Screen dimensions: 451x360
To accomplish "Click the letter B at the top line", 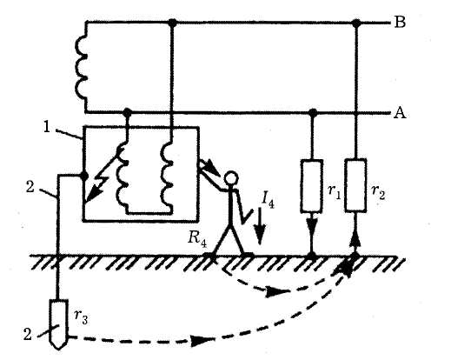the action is (400, 22).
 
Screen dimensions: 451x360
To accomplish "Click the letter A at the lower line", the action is (400, 112).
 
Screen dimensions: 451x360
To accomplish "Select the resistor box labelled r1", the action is (312, 185).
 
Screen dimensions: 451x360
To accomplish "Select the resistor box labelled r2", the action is (355, 184).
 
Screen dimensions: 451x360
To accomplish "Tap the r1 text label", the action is (335, 192).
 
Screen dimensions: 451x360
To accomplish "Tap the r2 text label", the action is (378, 192).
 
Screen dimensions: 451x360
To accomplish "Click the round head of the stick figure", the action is (231, 178).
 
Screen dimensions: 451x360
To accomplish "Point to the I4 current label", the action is (268, 199).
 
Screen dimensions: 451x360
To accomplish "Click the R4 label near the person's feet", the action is (197, 238).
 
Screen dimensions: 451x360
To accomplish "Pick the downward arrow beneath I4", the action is (259, 226).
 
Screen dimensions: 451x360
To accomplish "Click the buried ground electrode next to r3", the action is (58, 324).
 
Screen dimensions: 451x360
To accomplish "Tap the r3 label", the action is (81, 317).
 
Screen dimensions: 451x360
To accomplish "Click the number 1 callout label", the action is (47, 127).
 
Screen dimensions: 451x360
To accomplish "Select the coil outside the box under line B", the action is (82, 68).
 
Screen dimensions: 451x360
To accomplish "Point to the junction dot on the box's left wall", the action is (84, 176).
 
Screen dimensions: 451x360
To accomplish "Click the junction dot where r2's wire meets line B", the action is (356, 23).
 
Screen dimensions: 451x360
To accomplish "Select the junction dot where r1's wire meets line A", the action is (312, 112).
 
